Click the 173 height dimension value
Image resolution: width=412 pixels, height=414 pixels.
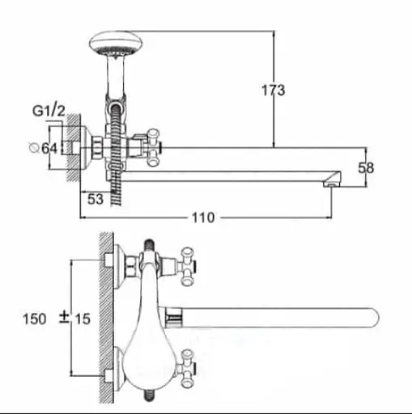(x=274, y=90)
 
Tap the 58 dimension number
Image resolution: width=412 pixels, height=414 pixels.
(x=366, y=168)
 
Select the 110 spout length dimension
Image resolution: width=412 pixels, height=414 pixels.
(x=203, y=218)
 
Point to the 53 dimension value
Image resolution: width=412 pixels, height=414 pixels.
(x=96, y=199)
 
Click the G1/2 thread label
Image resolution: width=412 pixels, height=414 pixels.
(x=49, y=111)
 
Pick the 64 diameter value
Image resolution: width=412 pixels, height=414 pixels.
(x=50, y=148)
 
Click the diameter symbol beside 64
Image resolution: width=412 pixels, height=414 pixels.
(x=34, y=148)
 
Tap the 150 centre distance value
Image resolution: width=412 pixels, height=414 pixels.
(x=35, y=319)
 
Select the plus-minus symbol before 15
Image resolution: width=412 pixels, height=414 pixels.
(x=64, y=317)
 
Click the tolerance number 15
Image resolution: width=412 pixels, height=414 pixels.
(x=83, y=319)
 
